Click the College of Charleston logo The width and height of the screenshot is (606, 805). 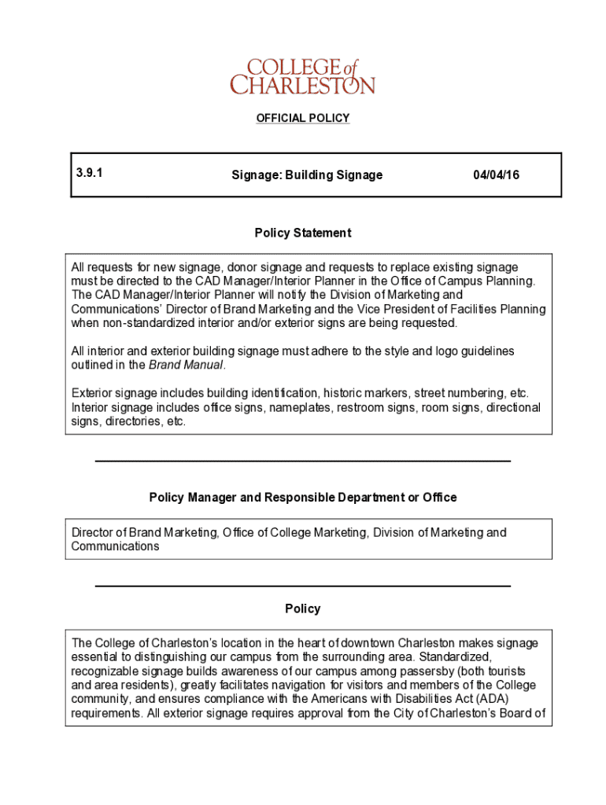302,76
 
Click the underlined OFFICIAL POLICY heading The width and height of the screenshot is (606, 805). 302,118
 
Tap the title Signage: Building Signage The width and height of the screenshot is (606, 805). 307,175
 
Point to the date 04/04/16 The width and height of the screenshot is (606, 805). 496,175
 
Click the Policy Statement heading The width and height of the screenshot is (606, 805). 302,233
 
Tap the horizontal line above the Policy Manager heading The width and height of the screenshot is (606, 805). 302,461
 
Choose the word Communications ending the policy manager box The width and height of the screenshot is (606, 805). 115,546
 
